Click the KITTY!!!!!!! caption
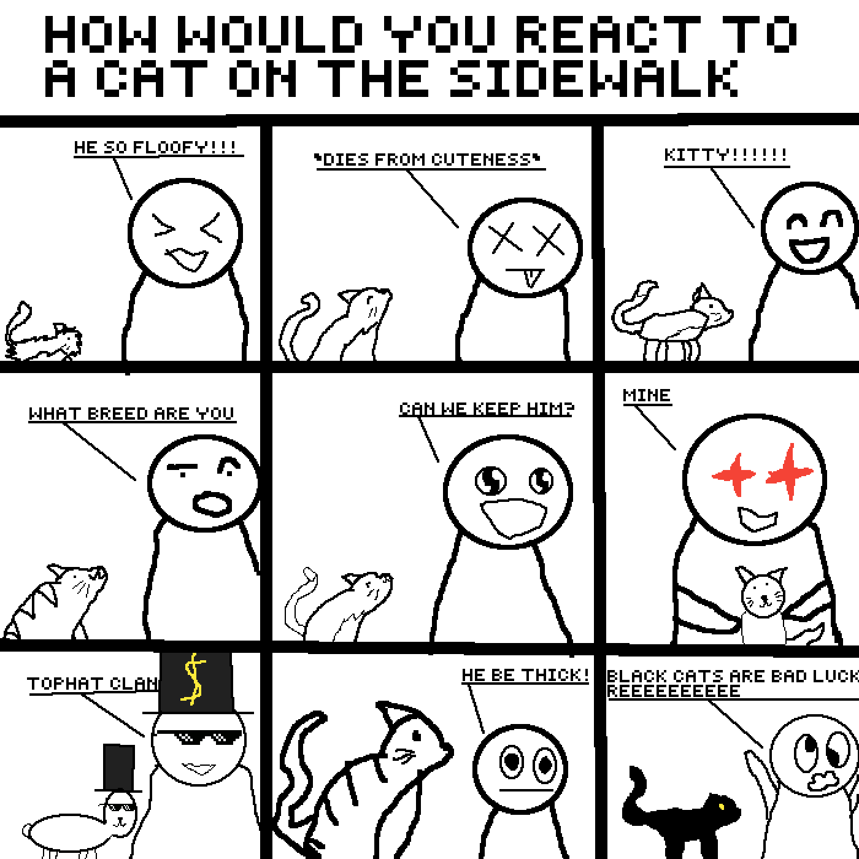726,155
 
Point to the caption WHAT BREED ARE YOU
131,413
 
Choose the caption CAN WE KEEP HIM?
487,408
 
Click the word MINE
646,395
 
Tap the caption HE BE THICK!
526,675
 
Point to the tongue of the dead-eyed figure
529,278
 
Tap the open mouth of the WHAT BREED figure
213,504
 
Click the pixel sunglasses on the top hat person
199,738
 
